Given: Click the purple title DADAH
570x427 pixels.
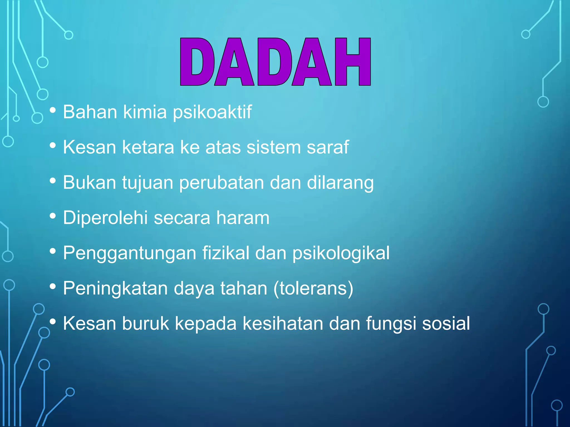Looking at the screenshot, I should tap(275, 62).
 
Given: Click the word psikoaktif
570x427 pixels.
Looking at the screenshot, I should tap(212, 112).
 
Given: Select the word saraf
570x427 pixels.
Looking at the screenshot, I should tap(328, 147).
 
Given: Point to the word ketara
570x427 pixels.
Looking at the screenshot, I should tap(148, 147).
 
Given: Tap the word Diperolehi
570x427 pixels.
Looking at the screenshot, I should tap(105, 218).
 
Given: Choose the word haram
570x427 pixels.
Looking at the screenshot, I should tap(243, 218).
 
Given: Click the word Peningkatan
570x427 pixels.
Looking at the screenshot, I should tap(115, 289).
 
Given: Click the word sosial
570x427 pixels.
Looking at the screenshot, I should tap(446, 323).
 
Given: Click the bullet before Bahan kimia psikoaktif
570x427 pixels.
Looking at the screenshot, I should tap(53, 110).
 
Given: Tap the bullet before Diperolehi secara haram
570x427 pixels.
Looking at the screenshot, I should tap(53, 216).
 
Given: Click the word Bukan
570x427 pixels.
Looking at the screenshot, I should tap(89, 183).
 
